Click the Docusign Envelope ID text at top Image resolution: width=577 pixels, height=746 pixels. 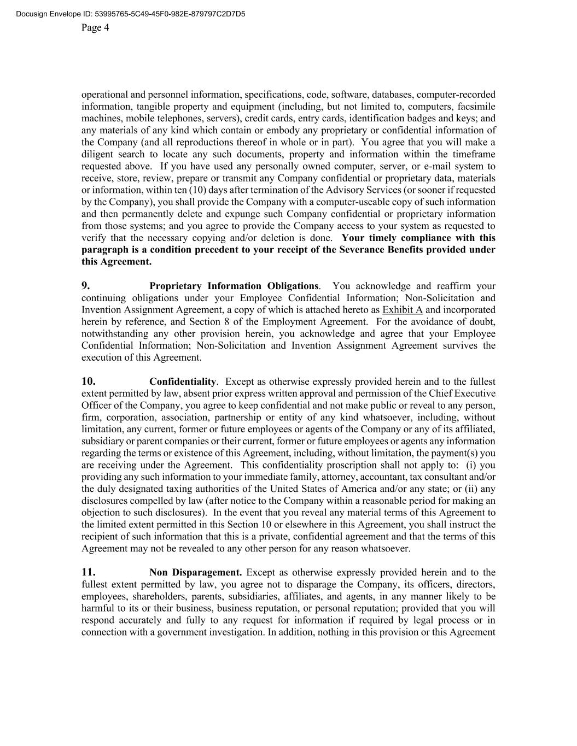[131, 14]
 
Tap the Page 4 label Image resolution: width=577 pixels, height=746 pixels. [95, 28]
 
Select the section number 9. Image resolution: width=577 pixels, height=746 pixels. [86, 286]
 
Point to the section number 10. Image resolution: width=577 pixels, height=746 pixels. [89, 381]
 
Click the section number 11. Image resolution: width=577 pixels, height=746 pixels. [89, 573]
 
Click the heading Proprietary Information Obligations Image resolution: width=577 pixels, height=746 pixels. [234, 286]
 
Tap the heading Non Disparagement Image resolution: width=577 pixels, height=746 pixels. [195, 573]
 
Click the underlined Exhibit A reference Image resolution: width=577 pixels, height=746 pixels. [403, 310]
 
